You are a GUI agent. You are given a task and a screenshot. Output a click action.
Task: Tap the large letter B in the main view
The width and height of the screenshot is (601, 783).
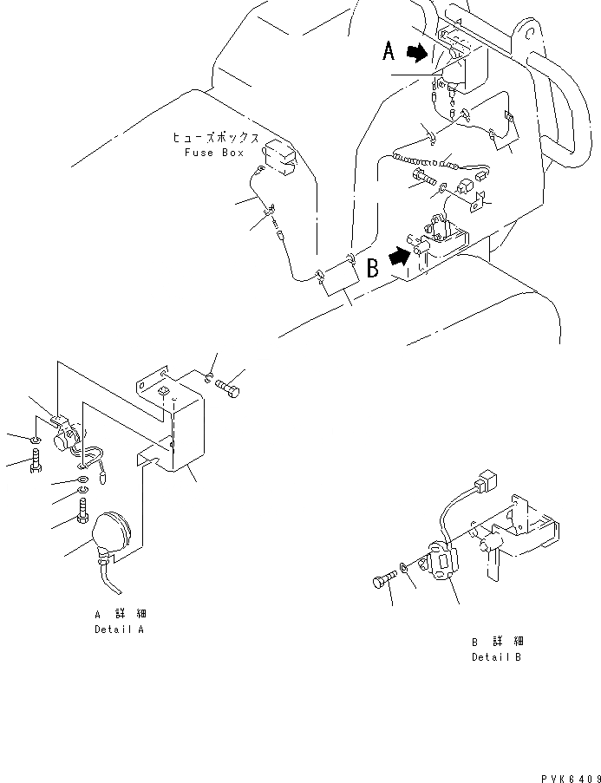click(373, 267)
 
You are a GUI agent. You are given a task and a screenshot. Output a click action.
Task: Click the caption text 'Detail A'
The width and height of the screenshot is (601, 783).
click(119, 630)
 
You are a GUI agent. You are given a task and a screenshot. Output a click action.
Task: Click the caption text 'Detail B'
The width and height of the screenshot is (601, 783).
click(497, 656)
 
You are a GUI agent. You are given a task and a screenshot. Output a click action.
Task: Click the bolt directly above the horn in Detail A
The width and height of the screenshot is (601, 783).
click(82, 512)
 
